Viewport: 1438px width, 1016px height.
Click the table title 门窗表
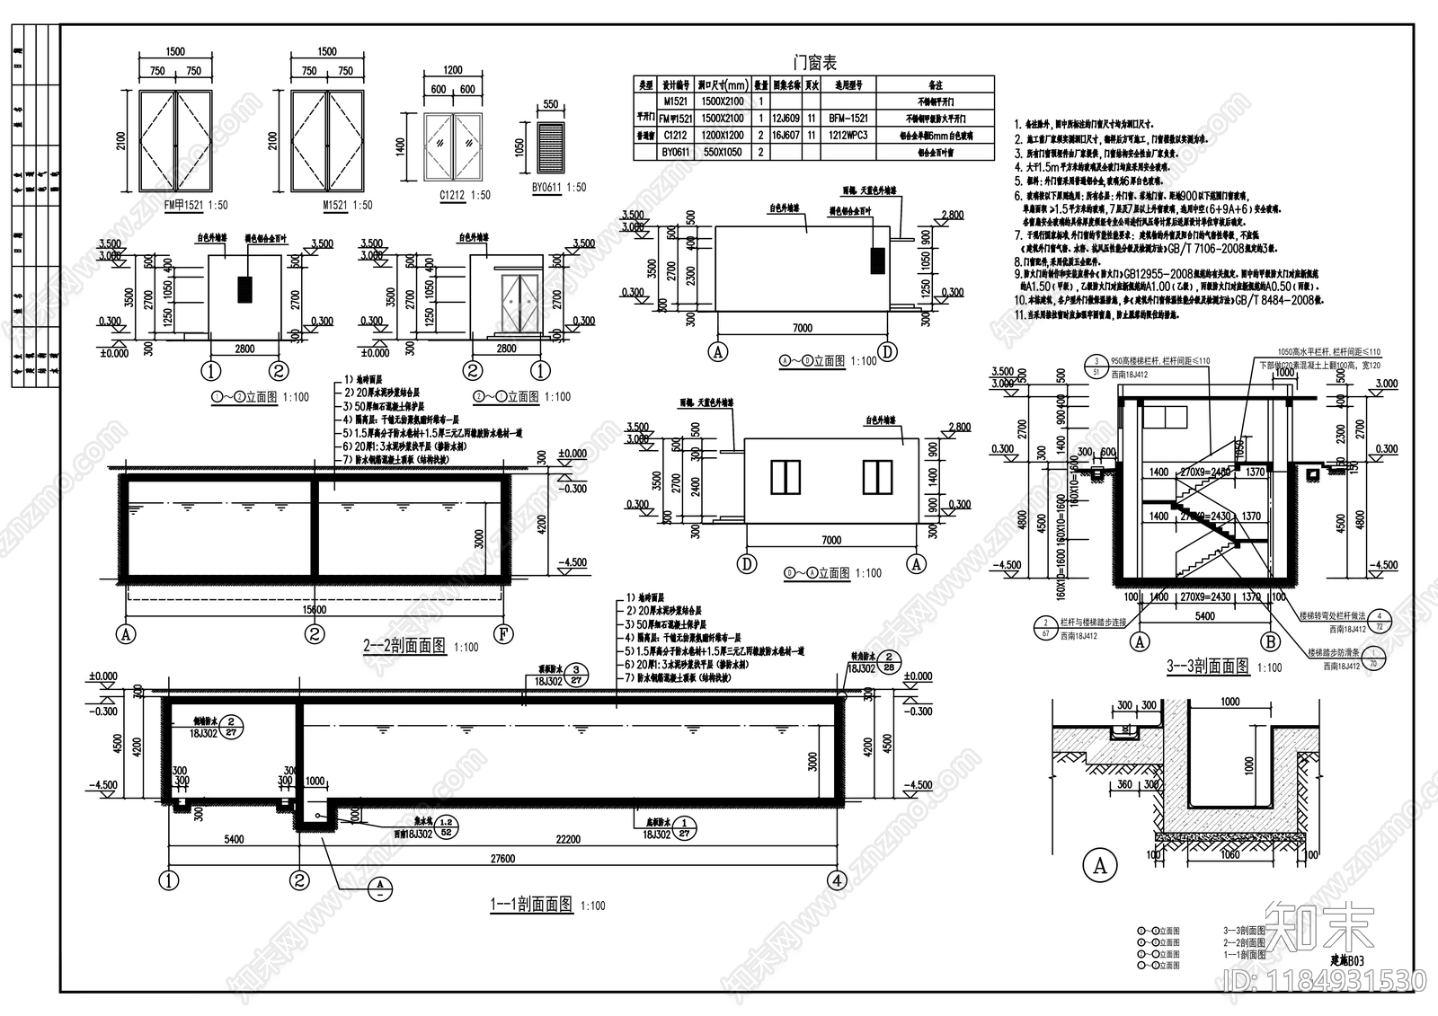point(815,63)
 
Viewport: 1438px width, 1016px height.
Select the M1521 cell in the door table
point(677,102)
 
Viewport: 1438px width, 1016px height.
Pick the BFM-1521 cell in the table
point(848,119)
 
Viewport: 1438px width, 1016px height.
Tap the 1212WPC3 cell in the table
point(848,136)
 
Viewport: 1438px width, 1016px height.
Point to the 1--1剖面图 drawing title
point(530,905)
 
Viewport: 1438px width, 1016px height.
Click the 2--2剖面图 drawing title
point(404,646)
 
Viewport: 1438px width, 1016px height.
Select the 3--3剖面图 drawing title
point(1207,667)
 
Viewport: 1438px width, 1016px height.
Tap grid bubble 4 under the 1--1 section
point(838,880)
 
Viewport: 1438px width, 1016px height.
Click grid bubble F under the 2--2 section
point(504,634)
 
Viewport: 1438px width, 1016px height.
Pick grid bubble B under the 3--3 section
point(1271,642)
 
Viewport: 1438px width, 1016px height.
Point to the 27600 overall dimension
point(502,858)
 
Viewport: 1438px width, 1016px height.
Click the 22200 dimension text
point(568,840)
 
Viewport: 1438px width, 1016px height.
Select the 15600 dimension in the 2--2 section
point(315,610)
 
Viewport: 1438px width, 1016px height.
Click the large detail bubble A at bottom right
point(1099,866)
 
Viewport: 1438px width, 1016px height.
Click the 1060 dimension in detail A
point(1229,854)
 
